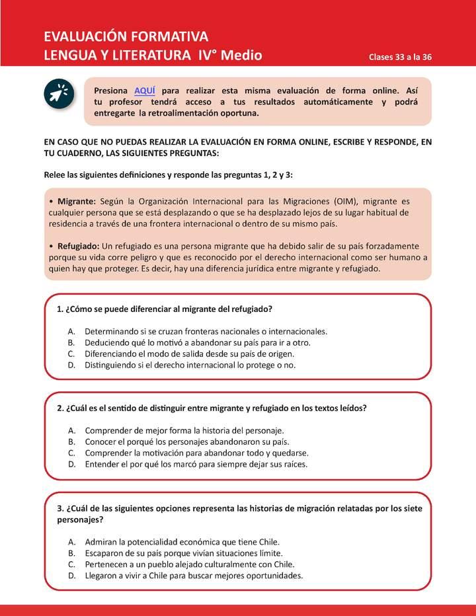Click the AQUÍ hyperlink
145,90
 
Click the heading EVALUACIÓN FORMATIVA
126,36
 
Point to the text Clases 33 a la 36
400,57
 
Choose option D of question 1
190,364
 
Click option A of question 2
184,430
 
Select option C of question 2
196,453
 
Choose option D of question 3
193,575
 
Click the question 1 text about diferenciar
165,309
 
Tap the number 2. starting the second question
60,408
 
